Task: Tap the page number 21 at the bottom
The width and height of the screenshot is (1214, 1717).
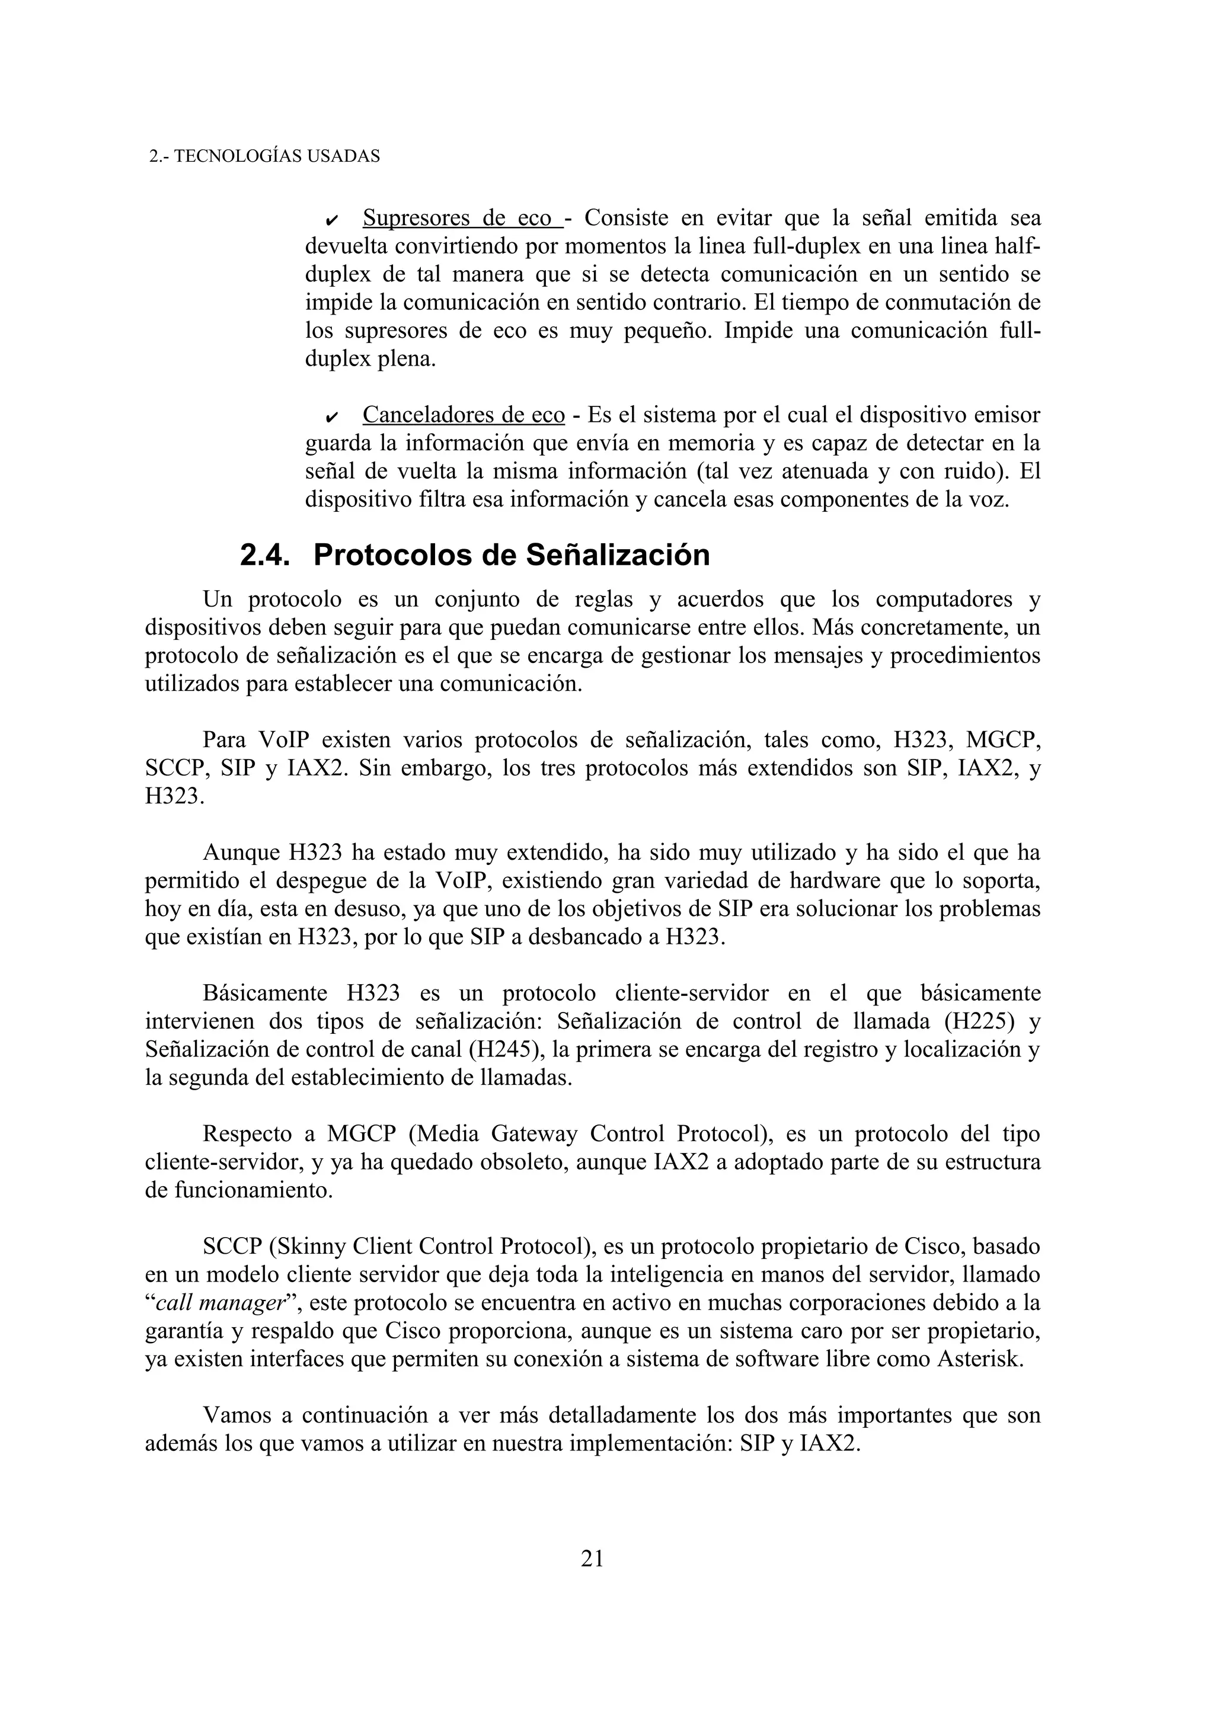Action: [x=592, y=1558]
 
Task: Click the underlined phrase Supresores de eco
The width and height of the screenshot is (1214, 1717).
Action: [x=462, y=219]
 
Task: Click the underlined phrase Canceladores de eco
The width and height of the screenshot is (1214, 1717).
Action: [x=463, y=415]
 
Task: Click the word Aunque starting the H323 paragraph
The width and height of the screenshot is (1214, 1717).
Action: [x=239, y=853]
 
